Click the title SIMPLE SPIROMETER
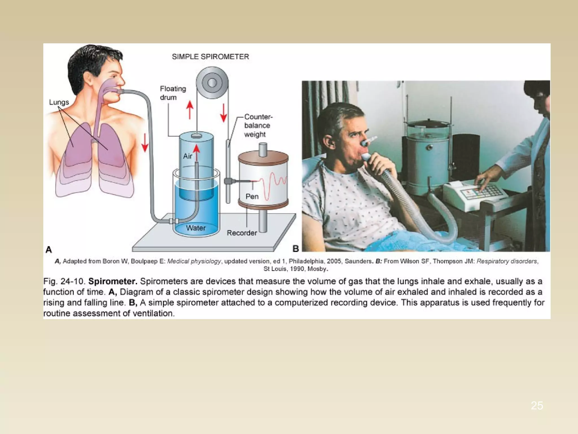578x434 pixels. pos(210,57)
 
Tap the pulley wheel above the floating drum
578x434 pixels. pos(212,83)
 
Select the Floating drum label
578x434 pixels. pos(173,93)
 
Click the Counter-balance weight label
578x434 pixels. pos(258,125)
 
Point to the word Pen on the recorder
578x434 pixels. pos(252,196)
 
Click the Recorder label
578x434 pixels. pos(242,233)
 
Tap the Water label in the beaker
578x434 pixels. pos(196,228)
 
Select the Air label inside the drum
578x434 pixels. pos(187,156)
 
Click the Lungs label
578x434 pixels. pos(59,102)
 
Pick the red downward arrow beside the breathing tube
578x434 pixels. pos(145,142)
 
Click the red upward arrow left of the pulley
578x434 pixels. pos(190,110)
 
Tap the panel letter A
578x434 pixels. pos(49,249)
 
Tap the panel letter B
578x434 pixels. pos(295,249)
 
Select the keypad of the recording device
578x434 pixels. pos(490,191)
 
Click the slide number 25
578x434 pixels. pos(537,405)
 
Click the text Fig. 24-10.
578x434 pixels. pos(64,281)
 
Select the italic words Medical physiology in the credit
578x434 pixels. pos(194,261)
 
